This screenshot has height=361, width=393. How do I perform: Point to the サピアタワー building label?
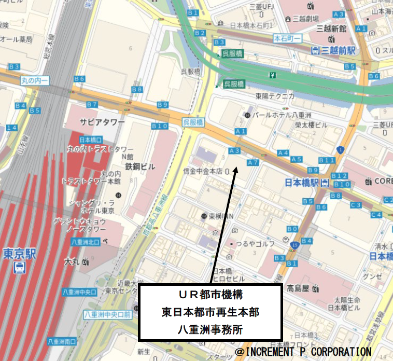click(102, 121)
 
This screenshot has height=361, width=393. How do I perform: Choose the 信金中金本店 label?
click(203, 171)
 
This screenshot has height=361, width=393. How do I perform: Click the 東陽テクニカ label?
click(275, 96)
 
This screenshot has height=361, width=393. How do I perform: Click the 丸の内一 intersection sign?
click(35, 80)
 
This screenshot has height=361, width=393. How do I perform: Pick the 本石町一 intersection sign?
click(287, 38)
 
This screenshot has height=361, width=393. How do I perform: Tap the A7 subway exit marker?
click(253, 163)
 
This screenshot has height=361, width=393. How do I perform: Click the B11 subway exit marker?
click(327, 160)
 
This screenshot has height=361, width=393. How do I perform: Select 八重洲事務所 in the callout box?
click(210, 329)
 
